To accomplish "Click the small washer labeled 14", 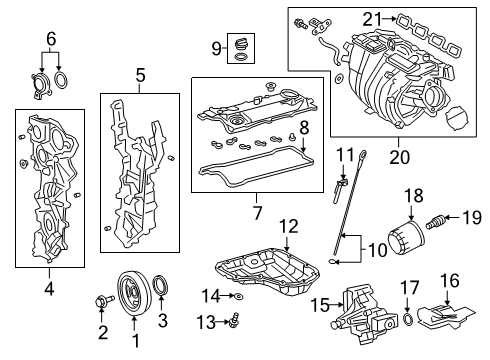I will [240, 297].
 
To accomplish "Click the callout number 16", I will [451, 280].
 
